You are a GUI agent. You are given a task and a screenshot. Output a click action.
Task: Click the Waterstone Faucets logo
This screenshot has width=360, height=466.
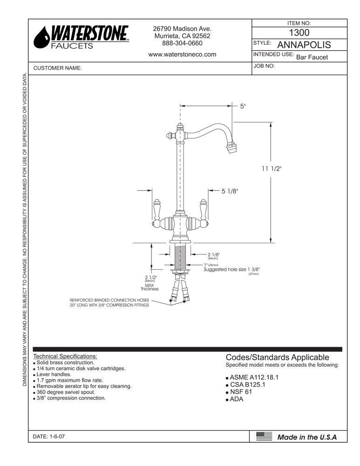(82, 37)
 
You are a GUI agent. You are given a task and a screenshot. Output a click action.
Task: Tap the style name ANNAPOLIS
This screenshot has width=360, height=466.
(304, 45)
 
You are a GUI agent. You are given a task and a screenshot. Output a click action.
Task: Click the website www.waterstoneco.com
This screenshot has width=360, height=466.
(182, 54)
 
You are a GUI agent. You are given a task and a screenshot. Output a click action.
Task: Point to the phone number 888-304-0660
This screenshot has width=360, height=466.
(182, 43)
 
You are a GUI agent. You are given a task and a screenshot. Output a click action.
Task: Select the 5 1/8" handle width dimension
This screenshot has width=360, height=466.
(230, 191)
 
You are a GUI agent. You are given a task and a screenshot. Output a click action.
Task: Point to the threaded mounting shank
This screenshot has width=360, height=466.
(180, 256)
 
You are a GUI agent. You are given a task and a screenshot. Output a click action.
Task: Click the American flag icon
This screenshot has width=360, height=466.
(264, 436)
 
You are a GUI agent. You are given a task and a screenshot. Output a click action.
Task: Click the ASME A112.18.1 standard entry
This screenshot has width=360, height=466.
(254, 377)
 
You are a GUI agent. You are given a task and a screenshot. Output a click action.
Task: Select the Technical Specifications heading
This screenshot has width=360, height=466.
(65, 356)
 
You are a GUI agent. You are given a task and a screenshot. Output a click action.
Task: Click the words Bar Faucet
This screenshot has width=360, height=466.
(312, 57)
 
